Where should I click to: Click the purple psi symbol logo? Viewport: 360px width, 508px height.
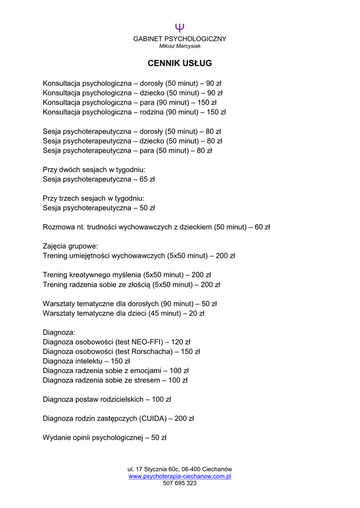(x=180, y=28)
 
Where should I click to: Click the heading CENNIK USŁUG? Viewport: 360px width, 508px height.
(x=180, y=63)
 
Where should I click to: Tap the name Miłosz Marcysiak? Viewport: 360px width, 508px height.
(x=180, y=46)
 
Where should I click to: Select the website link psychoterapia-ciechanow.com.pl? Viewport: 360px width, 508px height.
(x=180, y=476)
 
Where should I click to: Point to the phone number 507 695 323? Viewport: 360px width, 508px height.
(x=180, y=483)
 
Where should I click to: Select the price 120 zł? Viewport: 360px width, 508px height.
(x=181, y=342)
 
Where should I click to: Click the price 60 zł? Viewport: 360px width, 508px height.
(x=262, y=227)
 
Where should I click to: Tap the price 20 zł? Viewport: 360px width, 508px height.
(x=197, y=314)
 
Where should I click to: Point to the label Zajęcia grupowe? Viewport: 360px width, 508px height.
(x=71, y=246)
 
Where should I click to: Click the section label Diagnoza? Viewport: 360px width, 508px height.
(x=59, y=332)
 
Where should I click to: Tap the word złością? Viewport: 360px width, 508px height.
(x=137, y=285)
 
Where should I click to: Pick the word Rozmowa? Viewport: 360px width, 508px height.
(x=59, y=227)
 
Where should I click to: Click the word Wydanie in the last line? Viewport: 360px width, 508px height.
(x=57, y=438)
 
